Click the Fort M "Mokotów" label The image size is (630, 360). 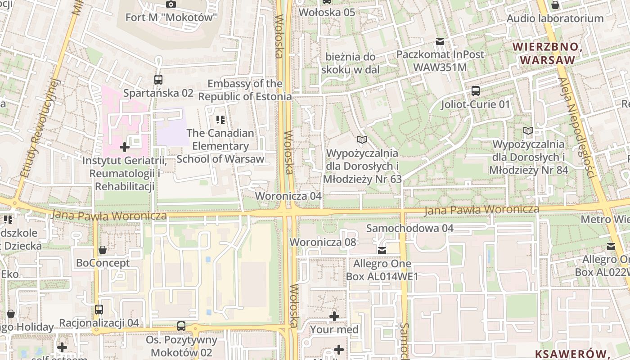(171, 18)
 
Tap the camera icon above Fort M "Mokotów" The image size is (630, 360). (171, 4)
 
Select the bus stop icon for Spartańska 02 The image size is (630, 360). (158, 80)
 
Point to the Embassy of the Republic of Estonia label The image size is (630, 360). (245, 90)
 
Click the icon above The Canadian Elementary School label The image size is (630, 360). (220, 120)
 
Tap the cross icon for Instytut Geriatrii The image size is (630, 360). (125, 147)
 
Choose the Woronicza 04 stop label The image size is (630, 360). (288, 196)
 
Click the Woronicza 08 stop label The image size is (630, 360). (323, 242)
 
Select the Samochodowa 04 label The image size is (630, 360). (409, 228)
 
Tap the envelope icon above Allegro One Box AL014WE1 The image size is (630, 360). (382, 250)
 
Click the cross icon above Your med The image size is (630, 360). (334, 316)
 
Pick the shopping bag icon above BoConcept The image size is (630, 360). (103, 250)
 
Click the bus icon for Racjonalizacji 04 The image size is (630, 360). (99, 310)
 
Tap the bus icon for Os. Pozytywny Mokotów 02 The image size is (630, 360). (181, 326)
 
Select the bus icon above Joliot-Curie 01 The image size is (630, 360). (476, 91)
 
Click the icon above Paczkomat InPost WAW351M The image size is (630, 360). (440, 41)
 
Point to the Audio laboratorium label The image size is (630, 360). (555, 18)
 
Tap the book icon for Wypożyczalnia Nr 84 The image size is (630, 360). (528, 131)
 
